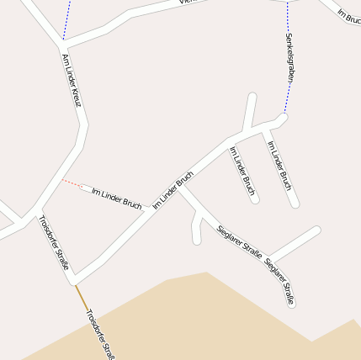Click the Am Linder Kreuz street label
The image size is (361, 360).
click(71, 80)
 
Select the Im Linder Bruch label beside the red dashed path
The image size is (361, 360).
click(116, 198)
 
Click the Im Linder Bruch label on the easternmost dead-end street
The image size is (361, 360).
click(279, 165)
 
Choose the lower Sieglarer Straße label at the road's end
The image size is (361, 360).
click(279, 282)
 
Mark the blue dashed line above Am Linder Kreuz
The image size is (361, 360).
click(66, 19)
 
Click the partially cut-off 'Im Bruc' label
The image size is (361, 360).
click(348, 16)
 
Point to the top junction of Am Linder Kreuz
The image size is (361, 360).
click(63, 41)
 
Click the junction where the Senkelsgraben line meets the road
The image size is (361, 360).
click(284, 116)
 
